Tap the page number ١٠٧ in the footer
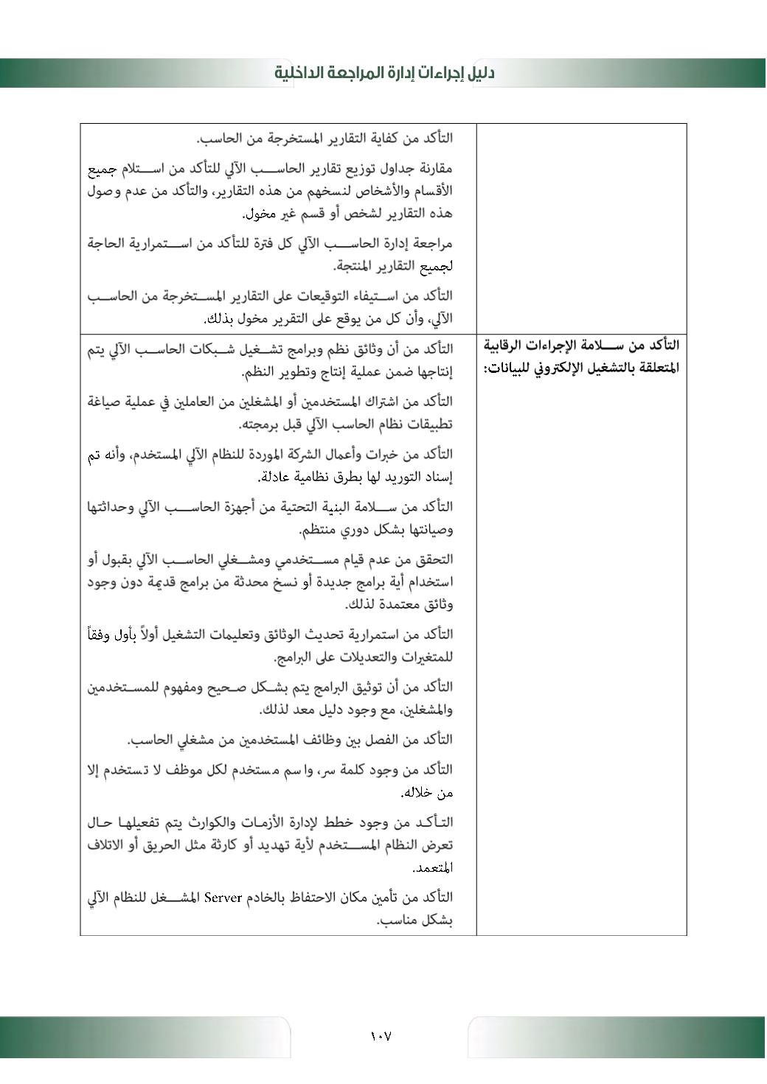(x=381, y=1036)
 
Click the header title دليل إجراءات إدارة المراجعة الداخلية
(x=384, y=73)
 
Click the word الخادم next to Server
(x=265, y=898)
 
